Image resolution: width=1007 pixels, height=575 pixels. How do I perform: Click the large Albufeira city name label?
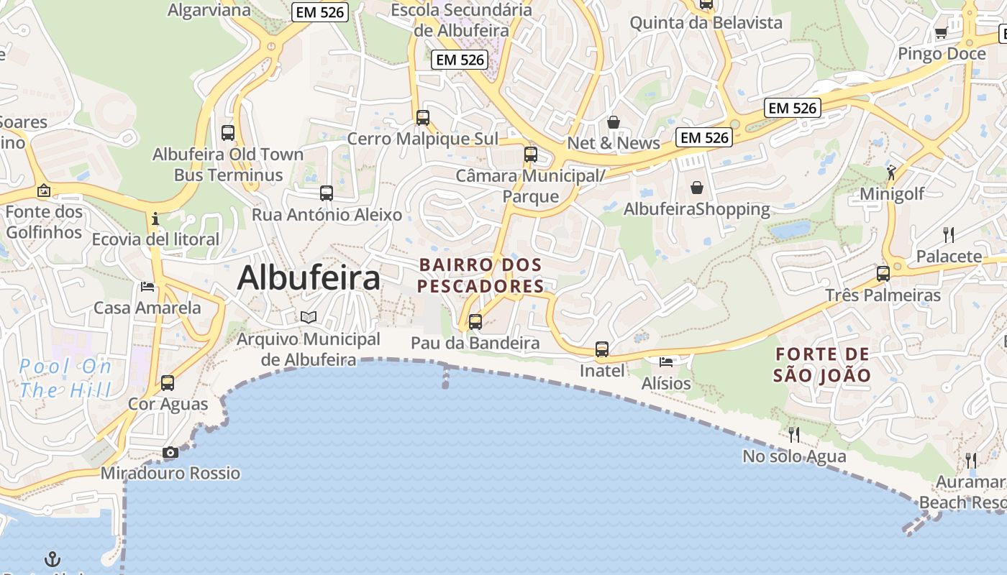(x=309, y=277)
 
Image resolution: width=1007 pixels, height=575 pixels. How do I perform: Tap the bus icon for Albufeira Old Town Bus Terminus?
(x=228, y=133)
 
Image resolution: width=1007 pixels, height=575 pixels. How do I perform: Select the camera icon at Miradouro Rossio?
(x=170, y=452)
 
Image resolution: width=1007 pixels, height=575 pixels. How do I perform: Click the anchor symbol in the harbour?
(x=53, y=558)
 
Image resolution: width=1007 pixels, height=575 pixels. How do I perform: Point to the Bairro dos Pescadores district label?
(x=480, y=275)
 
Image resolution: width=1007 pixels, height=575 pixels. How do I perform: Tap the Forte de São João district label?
(x=821, y=364)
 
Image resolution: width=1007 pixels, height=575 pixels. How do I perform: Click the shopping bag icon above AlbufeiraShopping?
(x=697, y=188)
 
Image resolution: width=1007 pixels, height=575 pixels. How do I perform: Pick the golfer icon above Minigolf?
(x=892, y=172)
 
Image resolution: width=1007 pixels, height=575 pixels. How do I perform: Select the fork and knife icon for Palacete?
(x=949, y=234)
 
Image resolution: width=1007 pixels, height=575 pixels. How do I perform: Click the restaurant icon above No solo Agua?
(x=794, y=434)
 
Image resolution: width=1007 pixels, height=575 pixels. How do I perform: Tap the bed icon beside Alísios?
(x=666, y=361)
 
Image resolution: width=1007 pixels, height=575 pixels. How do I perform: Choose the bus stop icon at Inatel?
(x=602, y=350)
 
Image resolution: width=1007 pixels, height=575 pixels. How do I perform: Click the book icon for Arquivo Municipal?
(x=309, y=317)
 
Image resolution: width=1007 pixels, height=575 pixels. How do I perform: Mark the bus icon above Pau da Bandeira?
(x=475, y=322)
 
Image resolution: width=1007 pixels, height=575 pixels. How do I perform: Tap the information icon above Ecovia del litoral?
(x=155, y=218)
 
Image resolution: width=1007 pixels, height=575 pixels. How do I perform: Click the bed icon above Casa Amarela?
(x=147, y=287)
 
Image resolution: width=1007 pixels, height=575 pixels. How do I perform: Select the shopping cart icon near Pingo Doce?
(x=941, y=32)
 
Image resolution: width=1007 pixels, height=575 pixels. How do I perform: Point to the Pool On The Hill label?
(x=65, y=379)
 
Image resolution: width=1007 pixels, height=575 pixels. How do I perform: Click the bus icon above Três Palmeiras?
(x=883, y=274)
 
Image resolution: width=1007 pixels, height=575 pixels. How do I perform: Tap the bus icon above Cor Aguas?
(x=168, y=383)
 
